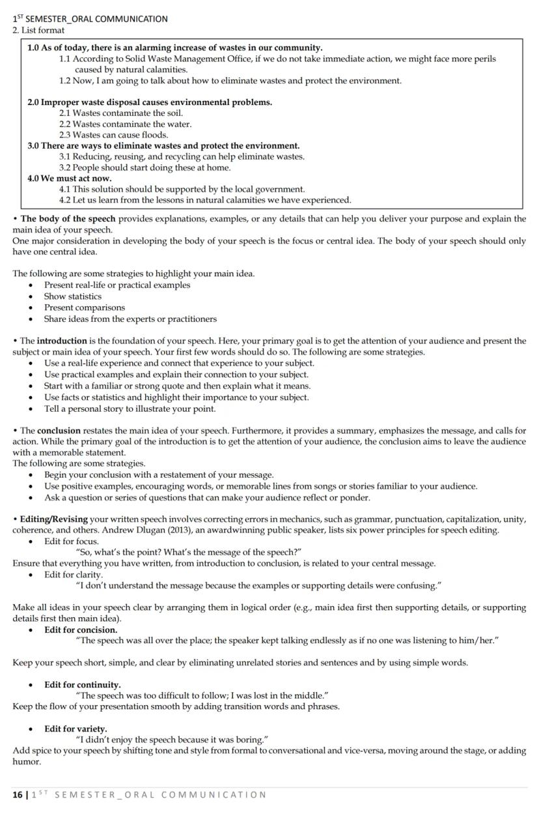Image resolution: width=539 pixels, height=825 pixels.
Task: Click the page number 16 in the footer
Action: pos(17,794)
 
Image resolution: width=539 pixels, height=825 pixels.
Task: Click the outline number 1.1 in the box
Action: pos(65,59)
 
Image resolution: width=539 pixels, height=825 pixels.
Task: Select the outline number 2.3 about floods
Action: pos(65,135)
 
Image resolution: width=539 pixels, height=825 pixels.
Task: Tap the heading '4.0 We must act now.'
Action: pos(70,178)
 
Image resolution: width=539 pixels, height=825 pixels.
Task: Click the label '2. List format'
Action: pos(38,30)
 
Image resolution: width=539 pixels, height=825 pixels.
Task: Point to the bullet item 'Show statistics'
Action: pos(72,297)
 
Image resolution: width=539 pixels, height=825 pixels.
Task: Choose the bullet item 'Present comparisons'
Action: pos(84,308)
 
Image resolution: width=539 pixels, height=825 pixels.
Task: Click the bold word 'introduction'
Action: pos(62,341)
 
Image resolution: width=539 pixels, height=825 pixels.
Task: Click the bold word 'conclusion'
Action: pos(59,431)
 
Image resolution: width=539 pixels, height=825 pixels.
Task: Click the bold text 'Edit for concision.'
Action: pos(81,630)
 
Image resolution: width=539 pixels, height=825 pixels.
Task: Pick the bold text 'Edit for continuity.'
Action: pos(82,685)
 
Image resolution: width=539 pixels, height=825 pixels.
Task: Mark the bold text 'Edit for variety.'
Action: pos(76,729)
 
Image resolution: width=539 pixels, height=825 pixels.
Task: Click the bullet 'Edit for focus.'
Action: pos(71,542)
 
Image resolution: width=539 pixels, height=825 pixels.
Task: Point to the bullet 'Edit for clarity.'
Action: pos(73,575)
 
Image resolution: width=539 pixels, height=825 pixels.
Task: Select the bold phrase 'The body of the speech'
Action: pos(68,219)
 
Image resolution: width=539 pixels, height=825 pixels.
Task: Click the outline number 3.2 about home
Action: pos(65,167)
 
